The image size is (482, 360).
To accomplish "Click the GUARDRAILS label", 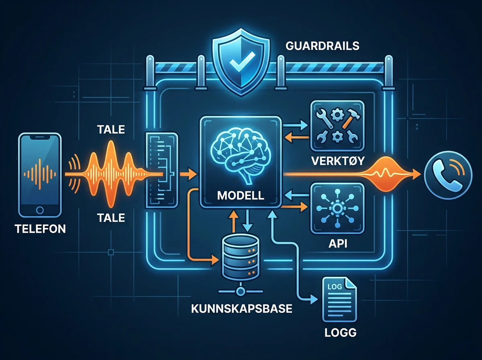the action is (323, 46).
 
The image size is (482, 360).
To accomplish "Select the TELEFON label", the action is (41, 229).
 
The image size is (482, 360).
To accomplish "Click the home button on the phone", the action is (40, 210).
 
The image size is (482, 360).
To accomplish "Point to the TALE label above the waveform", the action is (111, 130).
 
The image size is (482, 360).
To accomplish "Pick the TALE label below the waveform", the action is (111, 218).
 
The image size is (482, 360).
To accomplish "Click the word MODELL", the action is (241, 195).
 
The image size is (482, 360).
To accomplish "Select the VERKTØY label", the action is (338, 161).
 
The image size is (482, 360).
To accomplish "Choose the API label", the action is (338, 243).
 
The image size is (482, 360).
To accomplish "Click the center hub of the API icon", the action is (337, 208).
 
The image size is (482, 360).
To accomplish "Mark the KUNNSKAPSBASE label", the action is (241, 309).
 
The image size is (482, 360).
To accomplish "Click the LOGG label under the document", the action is (340, 333).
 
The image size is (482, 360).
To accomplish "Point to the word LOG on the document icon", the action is (335, 286).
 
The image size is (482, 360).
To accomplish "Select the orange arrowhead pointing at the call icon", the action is (416, 174).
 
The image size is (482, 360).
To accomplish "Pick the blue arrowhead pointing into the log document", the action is (314, 299).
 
